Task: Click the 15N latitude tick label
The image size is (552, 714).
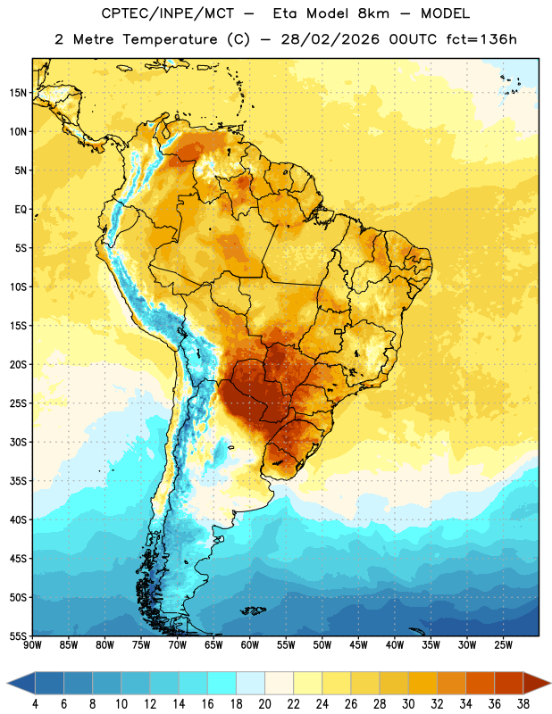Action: [x=18, y=93]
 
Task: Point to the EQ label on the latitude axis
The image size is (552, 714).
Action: [x=21, y=210]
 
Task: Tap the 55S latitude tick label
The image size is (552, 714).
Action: [x=18, y=636]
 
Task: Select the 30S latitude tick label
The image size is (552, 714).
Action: [x=18, y=442]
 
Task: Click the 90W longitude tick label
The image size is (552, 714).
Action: [x=32, y=645]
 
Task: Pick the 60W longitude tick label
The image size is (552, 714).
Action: [x=250, y=645]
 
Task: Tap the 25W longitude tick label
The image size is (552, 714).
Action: [x=503, y=645]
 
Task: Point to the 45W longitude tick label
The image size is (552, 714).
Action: [x=358, y=645]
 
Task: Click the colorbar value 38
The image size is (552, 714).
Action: [x=523, y=704]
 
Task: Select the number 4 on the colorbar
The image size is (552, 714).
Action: [x=35, y=704]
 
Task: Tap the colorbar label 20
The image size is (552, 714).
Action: [x=264, y=704]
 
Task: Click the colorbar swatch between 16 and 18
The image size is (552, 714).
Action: [x=222, y=683]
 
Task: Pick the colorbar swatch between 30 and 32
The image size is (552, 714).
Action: [x=422, y=683]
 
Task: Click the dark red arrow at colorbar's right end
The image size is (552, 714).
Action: [x=537, y=683]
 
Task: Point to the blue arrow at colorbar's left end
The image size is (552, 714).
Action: [x=21, y=683]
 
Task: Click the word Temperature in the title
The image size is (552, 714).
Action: [x=170, y=39]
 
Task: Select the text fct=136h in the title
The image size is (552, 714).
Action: [x=481, y=39]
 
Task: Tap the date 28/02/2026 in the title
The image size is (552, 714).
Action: [x=330, y=39]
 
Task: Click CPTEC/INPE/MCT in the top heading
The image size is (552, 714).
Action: [x=167, y=13]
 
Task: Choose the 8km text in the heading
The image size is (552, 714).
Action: [x=373, y=13]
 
